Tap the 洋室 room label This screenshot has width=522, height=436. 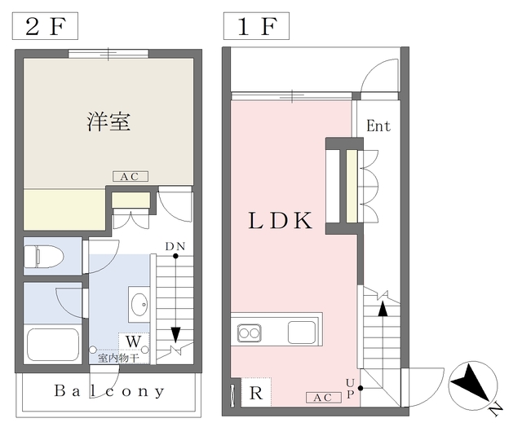(108, 122)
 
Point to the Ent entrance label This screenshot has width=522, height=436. (378, 126)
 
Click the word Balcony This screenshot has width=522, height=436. (109, 390)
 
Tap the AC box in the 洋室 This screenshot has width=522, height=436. (129, 176)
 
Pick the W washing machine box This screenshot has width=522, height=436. (133, 341)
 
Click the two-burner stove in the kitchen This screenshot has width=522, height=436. (249, 333)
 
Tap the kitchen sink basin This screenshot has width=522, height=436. (301, 332)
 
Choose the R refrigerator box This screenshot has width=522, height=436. (255, 394)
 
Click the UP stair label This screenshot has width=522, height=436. (351, 388)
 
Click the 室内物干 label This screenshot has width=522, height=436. (119, 357)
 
